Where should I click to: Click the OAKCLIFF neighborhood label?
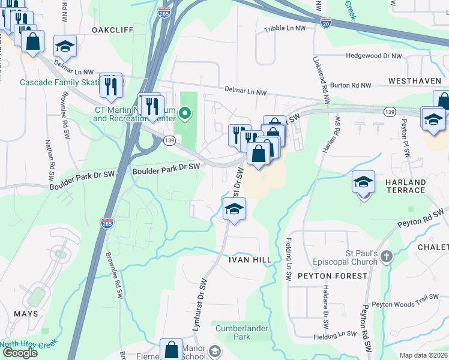click(112, 29)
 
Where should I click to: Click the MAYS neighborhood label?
click(26, 313)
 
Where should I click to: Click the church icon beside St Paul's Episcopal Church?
click(387, 257)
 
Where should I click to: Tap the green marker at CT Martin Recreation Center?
click(186, 112)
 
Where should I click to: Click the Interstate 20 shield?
click(325, 22)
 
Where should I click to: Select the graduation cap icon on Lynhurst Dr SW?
click(234, 209)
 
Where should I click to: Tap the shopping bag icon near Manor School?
click(171, 349)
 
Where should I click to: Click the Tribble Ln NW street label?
click(285, 29)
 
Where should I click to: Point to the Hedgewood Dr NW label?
click(373, 56)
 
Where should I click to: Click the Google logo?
click(20, 353)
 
